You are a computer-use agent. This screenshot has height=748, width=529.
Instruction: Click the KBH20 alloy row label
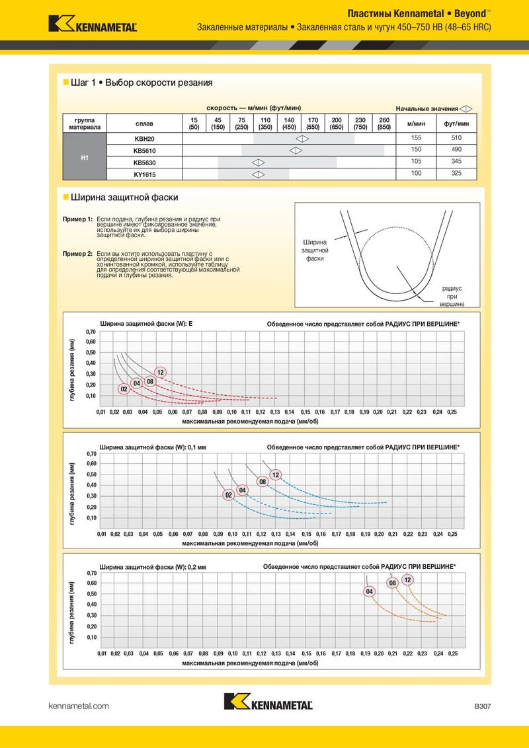(x=143, y=139)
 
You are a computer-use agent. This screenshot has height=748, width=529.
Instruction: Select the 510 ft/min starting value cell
(x=456, y=138)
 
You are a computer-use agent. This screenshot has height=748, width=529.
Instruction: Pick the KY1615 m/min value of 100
(x=416, y=174)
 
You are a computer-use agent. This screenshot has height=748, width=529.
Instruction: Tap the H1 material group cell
(x=85, y=157)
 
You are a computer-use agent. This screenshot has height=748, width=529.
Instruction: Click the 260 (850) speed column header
(x=384, y=123)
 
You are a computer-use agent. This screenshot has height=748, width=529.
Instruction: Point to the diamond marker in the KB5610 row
(x=295, y=151)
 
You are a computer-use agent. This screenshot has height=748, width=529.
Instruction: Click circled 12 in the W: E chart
(x=160, y=373)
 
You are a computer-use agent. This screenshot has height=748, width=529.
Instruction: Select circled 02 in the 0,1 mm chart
(x=229, y=494)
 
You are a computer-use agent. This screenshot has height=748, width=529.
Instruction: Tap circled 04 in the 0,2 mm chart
(x=370, y=591)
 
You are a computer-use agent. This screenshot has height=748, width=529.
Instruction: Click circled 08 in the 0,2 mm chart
(x=393, y=583)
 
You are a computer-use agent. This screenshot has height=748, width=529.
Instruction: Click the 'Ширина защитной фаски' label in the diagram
(x=315, y=250)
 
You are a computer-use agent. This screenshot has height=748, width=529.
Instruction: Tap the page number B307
(x=482, y=706)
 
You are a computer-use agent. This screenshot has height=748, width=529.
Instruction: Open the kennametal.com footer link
(x=79, y=706)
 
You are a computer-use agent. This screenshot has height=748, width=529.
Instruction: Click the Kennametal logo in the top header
(x=93, y=24)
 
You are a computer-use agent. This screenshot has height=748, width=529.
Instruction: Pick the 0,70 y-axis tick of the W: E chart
(x=91, y=331)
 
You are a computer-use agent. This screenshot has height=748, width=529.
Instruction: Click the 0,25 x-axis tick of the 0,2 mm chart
(x=452, y=653)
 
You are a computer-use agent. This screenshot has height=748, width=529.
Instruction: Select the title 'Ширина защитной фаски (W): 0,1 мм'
(x=153, y=447)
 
